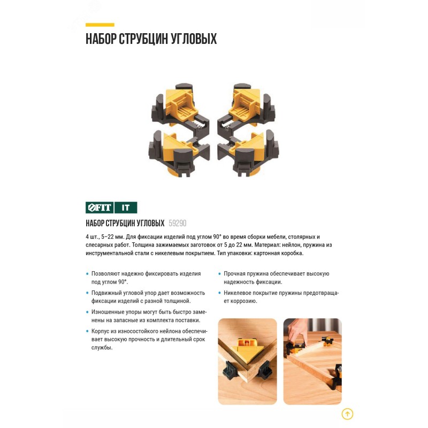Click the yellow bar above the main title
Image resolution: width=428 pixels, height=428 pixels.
pyautogui.click(x=100, y=25)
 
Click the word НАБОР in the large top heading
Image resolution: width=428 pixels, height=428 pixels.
pyautogui.click(x=101, y=39)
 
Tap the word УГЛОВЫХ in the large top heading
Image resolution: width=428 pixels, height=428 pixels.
pyautogui.click(x=194, y=39)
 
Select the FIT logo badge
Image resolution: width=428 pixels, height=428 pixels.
pyautogui.click(x=100, y=208)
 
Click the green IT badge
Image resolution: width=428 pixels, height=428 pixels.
pyautogui.click(x=126, y=208)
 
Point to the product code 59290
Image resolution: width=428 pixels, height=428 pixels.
pyautogui.click(x=178, y=223)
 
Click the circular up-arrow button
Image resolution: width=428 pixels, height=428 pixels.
pyautogui.click(x=347, y=414)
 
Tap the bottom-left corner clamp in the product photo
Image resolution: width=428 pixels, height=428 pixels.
pyautogui.click(x=179, y=154)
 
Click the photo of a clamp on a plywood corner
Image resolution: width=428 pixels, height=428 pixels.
pyautogui.click(x=247, y=362)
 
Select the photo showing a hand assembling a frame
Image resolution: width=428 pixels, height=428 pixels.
pyautogui.click(x=312, y=362)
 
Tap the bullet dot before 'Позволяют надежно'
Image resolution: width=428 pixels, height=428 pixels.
pyautogui.click(x=87, y=273)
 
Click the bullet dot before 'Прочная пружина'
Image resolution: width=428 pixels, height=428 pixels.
pyautogui.click(x=219, y=273)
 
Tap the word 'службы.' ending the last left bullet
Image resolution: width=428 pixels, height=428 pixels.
pyautogui.click(x=102, y=348)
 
